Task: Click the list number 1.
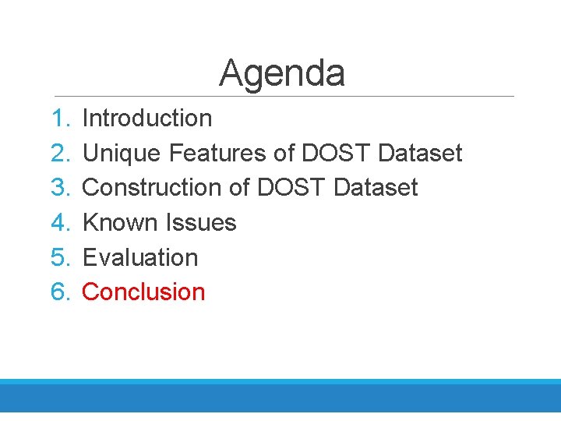pos(60,119)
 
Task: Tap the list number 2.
pos(60,154)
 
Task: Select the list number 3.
pos(60,188)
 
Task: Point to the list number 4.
pos(60,223)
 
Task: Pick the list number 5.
pos(60,257)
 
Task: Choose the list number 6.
pos(60,292)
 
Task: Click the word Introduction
pos(146,119)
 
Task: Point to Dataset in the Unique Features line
pos(420,154)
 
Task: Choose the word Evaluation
pos(140,257)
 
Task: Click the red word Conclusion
pos(143,292)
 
